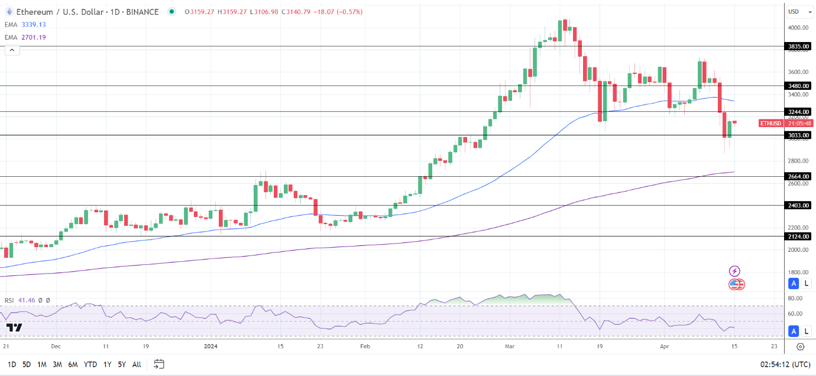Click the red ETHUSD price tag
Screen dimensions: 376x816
pyautogui.click(x=770, y=124)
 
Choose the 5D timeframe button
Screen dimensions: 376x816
pyautogui.click(x=27, y=364)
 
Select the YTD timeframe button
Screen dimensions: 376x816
pyautogui.click(x=90, y=364)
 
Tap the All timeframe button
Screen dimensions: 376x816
pyautogui.click(x=137, y=364)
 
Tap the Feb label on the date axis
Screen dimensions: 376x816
pyautogui.click(x=365, y=346)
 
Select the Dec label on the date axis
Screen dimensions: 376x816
pyautogui.click(x=56, y=346)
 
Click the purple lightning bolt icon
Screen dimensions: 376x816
pyautogui.click(x=734, y=271)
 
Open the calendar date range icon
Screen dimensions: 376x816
pyautogui.click(x=158, y=364)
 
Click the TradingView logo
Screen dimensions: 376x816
pyautogui.click(x=14, y=328)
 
